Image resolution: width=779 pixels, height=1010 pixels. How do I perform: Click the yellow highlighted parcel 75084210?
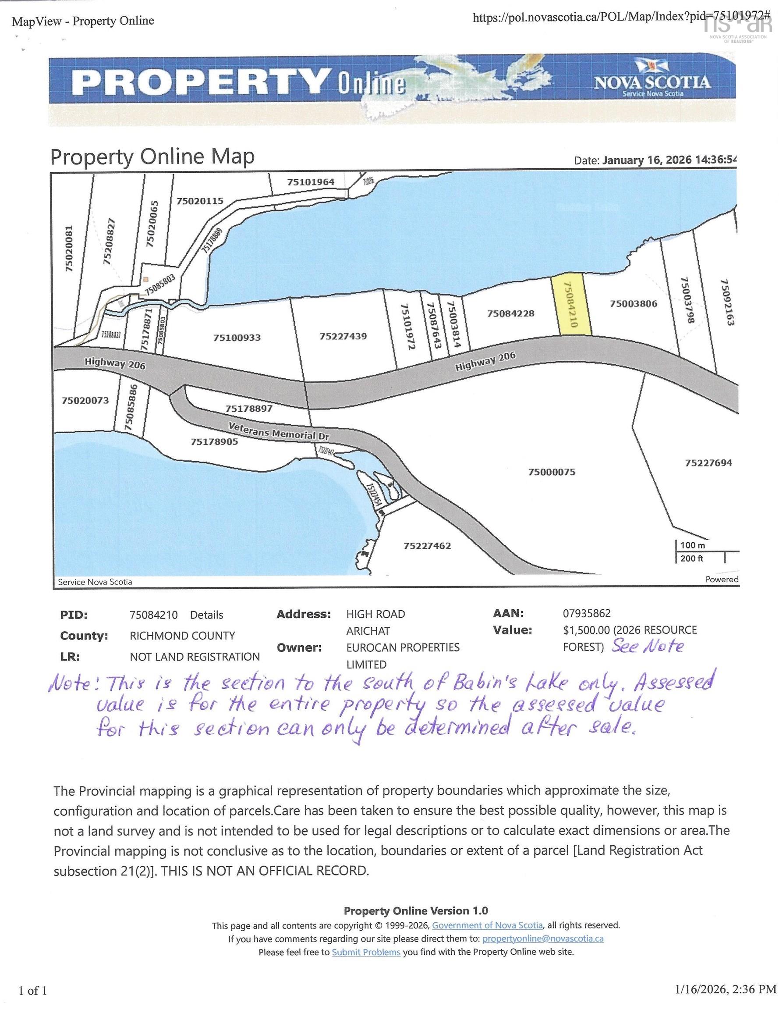tap(571, 305)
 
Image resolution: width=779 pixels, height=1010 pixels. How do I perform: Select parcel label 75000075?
tap(552, 472)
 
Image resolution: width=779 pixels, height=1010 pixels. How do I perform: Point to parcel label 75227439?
tap(343, 336)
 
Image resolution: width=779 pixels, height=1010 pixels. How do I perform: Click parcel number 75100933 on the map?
tap(237, 338)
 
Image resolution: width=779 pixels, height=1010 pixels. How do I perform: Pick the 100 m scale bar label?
tap(692, 545)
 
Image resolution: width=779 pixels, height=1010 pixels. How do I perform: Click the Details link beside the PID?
tap(206, 615)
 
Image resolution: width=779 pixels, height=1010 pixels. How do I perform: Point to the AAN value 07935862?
tap(586, 613)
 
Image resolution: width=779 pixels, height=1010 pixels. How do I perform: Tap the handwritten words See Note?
tap(647, 646)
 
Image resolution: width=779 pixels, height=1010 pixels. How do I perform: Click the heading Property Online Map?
tap(152, 157)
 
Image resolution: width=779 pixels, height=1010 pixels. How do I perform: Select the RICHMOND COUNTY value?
tap(182, 635)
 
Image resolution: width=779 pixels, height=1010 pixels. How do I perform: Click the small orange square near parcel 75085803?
tap(145, 279)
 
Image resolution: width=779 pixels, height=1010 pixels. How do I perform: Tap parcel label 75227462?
tap(427, 546)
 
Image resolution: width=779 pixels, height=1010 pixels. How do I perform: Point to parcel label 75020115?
tap(200, 201)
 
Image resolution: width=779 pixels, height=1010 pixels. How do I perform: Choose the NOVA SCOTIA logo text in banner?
tap(652, 82)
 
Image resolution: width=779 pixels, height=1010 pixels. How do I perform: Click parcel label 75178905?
tap(214, 441)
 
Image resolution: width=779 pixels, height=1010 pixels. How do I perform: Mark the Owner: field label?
tap(299, 647)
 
